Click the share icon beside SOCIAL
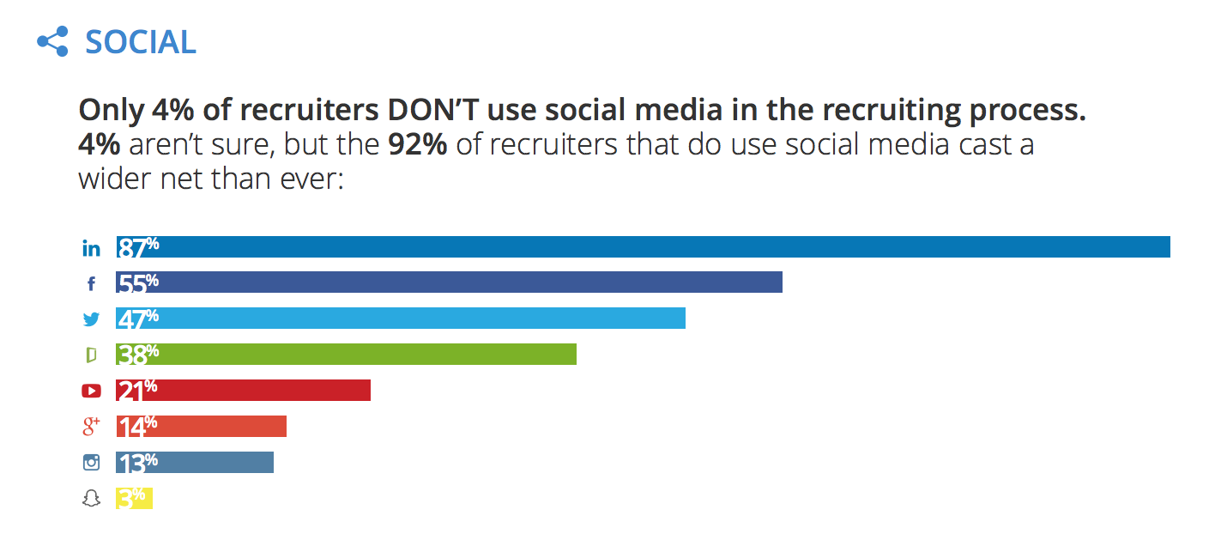pyautogui.click(x=52, y=41)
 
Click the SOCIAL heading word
pyautogui.click(x=141, y=41)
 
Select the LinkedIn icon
pyautogui.click(x=91, y=248)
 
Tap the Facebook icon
pyautogui.click(x=92, y=283)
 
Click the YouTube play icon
pyautogui.click(x=91, y=391)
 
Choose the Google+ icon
pyautogui.click(x=91, y=427)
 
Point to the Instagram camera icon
pyautogui.click(x=91, y=462)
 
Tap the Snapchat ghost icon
pyautogui.click(x=91, y=498)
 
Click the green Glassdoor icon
pyautogui.click(x=91, y=355)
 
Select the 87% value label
pyautogui.click(x=139, y=247)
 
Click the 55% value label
pyautogui.click(x=138, y=282)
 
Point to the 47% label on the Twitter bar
pyautogui.click(x=138, y=319)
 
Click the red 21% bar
pyautogui.click(x=257, y=391)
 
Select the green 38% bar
pyautogui.click(x=360, y=355)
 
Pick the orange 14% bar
pyautogui.click(x=215, y=427)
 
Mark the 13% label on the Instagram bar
pyautogui.click(x=137, y=462)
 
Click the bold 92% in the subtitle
pyautogui.click(x=418, y=144)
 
